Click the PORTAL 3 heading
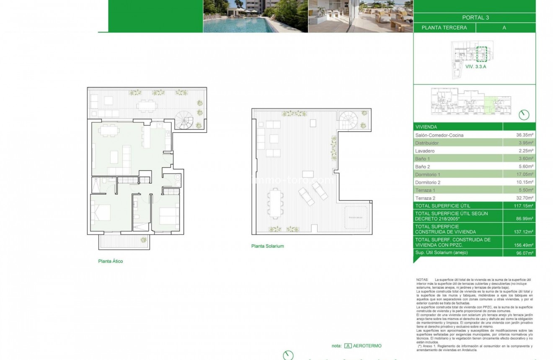(475, 18)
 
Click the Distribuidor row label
(428, 143)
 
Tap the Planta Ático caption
(110, 261)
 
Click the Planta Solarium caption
(267, 246)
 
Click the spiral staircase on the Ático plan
(184, 121)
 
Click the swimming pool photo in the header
(256, 16)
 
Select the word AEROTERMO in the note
(367, 346)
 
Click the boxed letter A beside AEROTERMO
(348, 346)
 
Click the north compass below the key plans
(524, 115)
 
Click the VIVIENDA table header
(426, 127)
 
